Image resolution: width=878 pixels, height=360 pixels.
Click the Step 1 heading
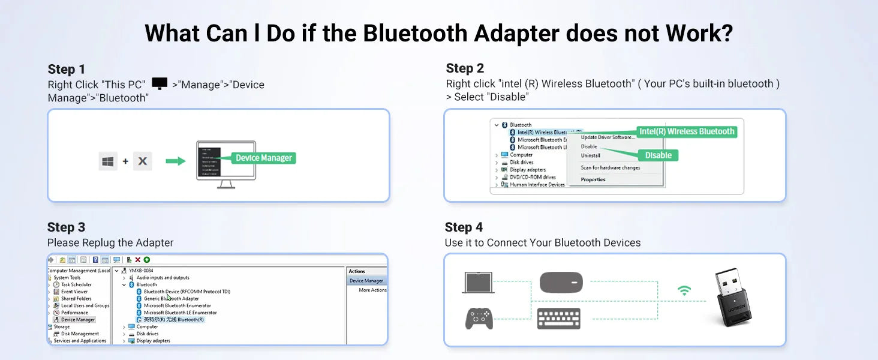point(67,69)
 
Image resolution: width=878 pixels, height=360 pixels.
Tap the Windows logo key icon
point(108,161)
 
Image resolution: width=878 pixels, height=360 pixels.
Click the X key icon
point(143,161)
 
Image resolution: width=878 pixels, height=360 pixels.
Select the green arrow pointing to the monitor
point(175,161)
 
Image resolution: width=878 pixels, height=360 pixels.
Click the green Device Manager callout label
point(263,158)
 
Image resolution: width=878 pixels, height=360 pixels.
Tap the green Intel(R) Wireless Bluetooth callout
point(686,131)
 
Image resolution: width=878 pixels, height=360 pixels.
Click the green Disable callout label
point(658,155)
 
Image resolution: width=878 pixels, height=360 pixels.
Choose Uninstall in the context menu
point(590,156)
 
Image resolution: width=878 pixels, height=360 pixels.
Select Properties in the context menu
point(593,179)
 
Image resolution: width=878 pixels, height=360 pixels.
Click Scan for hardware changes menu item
point(610,168)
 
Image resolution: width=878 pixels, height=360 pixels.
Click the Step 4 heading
point(464,227)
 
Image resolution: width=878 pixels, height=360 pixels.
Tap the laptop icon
point(478,283)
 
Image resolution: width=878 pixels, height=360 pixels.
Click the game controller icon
point(479,318)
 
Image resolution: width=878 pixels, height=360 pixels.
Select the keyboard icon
point(558,318)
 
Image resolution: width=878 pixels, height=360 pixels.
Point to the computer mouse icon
point(561,283)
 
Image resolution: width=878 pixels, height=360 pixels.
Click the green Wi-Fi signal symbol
point(684,291)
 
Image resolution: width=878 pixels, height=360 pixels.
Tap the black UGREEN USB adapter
point(733,298)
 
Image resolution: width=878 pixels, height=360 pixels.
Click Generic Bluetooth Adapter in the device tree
point(171,299)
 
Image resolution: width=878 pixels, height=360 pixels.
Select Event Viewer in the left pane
point(74,292)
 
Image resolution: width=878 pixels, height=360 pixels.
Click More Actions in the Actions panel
point(372,290)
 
